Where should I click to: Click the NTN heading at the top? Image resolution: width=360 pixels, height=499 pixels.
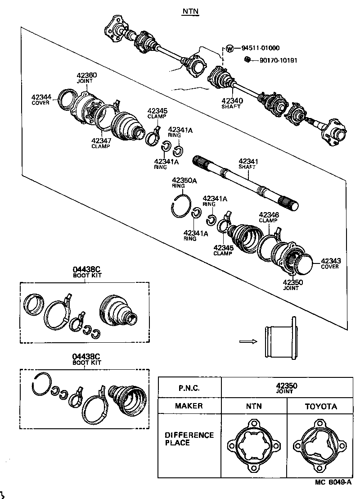pyautogui.click(x=190, y=11)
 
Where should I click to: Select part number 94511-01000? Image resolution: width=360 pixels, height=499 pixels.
pyautogui.click(x=260, y=48)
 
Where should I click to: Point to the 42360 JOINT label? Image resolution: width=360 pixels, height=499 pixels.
pyautogui.click(x=86, y=78)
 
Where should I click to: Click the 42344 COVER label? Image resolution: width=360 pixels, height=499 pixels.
pyautogui.click(x=41, y=99)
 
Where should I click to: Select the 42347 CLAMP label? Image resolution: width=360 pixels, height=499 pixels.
pyautogui.click(x=100, y=143)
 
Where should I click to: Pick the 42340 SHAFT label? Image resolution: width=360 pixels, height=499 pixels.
pyautogui.click(x=231, y=104)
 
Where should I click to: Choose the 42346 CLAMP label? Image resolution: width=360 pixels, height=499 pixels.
pyautogui.click(x=269, y=218)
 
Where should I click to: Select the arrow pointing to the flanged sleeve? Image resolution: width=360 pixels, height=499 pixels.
pyautogui.click(x=246, y=341)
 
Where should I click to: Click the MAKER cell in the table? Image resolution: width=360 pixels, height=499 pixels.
pyautogui.click(x=189, y=406)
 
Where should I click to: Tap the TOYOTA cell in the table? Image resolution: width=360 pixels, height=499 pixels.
pyautogui.click(x=321, y=406)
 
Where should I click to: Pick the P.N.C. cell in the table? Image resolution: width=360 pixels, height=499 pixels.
pyautogui.click(x=189, y=388)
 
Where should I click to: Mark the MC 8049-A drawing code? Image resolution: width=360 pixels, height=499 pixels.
pyautogui.click(x=332, y=481)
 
